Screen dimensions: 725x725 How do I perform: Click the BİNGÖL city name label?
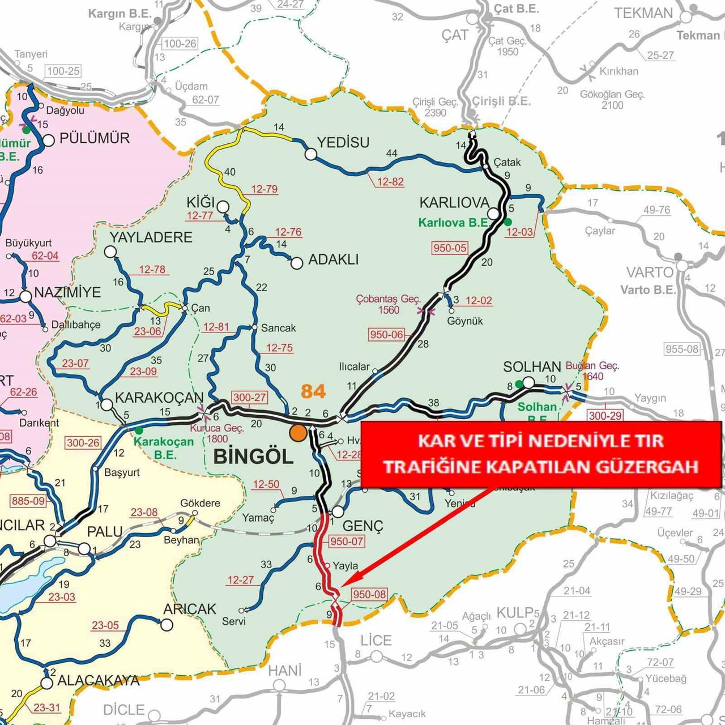pos(253,457)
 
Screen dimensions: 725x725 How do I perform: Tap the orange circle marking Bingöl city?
pos(298,433)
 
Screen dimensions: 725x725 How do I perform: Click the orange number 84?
pos(313,391)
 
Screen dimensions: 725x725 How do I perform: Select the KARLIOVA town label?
pos(454,203)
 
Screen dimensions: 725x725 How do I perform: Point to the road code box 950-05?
pos(450,248)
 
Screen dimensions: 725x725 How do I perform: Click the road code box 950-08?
pos(369,594)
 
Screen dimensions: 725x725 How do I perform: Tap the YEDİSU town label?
pos(343,143)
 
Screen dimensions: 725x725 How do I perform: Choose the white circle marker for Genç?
pos(338,511)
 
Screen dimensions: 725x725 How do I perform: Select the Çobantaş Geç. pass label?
pos(389,298)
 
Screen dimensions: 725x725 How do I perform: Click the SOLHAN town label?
pos(532,367)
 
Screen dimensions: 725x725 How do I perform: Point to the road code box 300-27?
pos(249,397)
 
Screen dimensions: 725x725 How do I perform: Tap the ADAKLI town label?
pos(334,259)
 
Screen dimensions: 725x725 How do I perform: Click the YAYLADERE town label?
pos(151,237)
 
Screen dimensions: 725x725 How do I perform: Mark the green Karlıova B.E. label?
pos(453,223)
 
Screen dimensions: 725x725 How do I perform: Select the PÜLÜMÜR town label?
pos(95,138)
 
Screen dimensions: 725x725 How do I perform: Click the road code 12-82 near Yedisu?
pos(390,182)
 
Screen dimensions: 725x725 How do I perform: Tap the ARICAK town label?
pos(190,609)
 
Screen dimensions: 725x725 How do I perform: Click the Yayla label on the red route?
pos(346,566)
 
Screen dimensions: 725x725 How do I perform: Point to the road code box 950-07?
pos(347,541)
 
